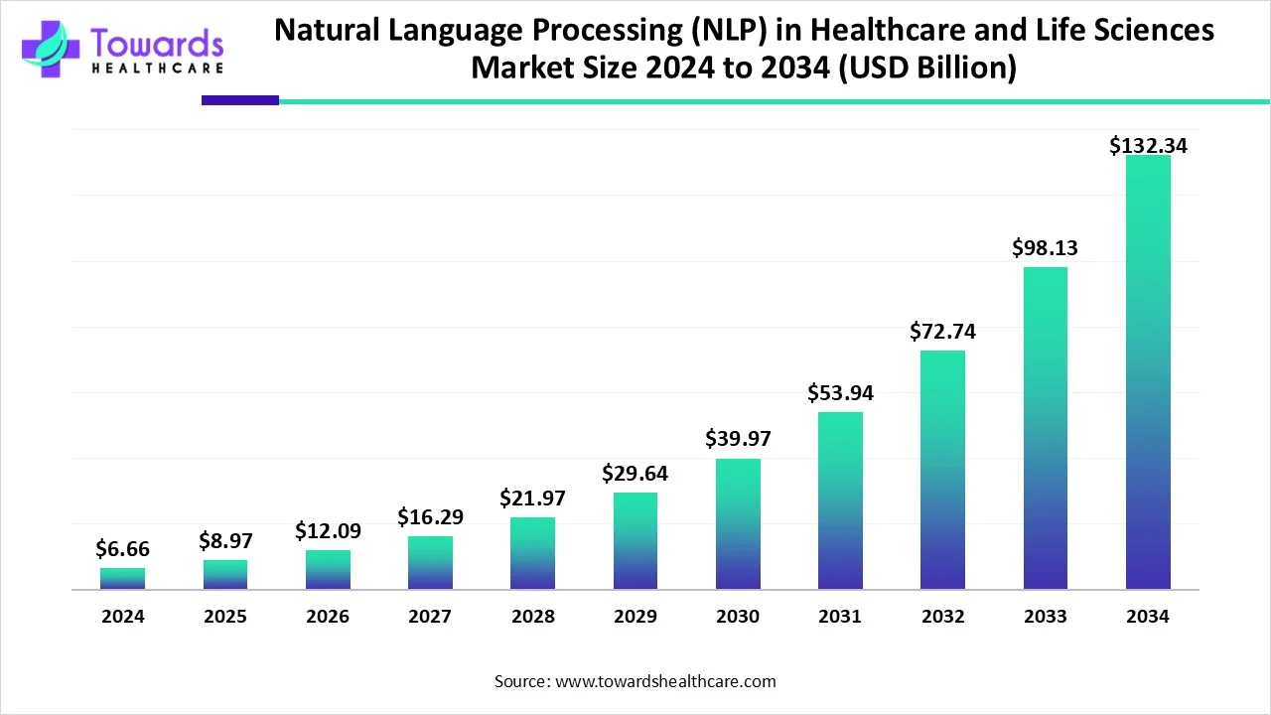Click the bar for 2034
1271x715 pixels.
coord(1148,372)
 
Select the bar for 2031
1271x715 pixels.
coord(840,500)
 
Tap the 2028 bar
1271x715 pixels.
coord(533,553)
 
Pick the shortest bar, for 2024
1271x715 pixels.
coord(122,579)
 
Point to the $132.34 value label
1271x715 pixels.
coord(1148,146)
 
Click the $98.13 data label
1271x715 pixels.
coord(1045,248)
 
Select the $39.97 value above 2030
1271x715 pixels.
coord(738,438)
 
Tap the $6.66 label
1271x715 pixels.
coord(122,548)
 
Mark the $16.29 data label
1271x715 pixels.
coord(430,516)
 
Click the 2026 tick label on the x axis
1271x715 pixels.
coord(328,617)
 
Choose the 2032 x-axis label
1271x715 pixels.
coord(942,617)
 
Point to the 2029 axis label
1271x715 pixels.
coord(635,617)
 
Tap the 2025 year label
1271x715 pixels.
coord(225,617)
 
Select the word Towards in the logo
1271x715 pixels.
coord(156,43)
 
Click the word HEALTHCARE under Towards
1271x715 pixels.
coord(156,69)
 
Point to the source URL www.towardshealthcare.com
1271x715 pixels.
coord(665,681)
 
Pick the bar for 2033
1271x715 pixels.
coord(1045,428)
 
